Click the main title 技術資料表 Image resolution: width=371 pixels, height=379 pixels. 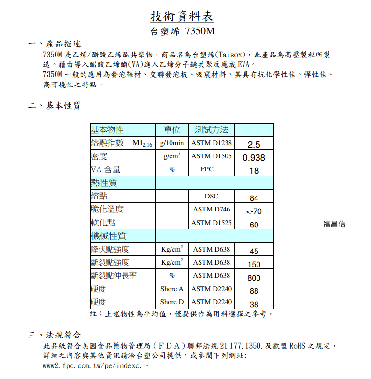(x=182, y=16)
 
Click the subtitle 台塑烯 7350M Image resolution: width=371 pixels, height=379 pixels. (x=182, y=32)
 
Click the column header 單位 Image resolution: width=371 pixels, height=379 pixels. (x=171, y=130)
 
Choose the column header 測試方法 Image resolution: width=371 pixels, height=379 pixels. (x=211, y=130)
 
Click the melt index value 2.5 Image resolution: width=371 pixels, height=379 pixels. (x=254, y=144)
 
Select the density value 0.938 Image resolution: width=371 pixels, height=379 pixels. (x=254, y=157)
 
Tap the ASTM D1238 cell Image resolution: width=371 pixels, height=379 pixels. (x=211, y=143)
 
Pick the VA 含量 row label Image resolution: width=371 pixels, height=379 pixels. (x=106, y=169)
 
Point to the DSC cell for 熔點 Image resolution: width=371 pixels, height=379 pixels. (x=211, y=196)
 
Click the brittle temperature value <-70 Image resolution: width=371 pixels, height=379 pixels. (x=254, y=211)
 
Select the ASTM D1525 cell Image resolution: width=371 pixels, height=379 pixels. (x=211, y=223)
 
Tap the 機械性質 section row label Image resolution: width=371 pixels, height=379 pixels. (x=109, y=236)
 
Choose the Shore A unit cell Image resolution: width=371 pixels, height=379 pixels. (x=171, y=289)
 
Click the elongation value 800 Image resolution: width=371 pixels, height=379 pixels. (x=254, y=278)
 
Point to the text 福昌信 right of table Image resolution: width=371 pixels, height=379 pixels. (x=334, y=224)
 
